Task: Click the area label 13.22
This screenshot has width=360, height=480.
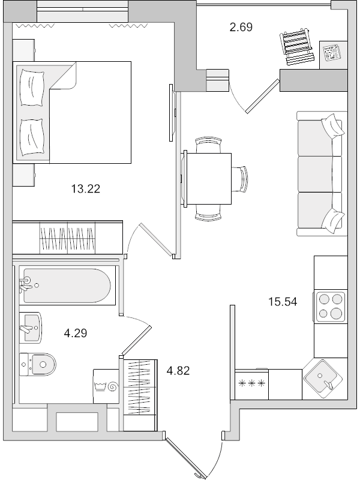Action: (x=85, y=189)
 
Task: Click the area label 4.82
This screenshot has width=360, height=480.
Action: (x=178, y=370)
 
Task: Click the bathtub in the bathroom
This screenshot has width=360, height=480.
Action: (x=65, y=286)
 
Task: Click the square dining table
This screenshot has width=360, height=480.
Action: (x=208, y=178)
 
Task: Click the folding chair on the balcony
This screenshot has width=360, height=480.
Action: (x=296, y=46)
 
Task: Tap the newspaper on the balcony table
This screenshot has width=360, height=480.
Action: (x=331, y=52)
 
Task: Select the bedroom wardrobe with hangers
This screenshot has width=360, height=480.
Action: (x=68, y=238)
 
